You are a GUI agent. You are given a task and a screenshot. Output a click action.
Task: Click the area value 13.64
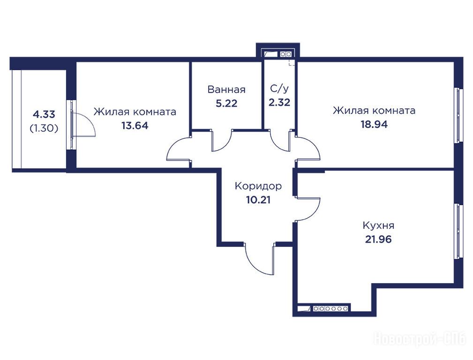point(135,126)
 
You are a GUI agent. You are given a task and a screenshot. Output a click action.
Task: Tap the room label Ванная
point(226,90)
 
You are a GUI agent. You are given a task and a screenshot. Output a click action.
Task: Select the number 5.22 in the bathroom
point(226,103)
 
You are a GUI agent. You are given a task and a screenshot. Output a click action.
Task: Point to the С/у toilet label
point(279,89)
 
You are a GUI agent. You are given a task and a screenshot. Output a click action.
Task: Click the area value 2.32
point(279,102)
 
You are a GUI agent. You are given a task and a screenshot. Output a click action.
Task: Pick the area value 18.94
point(374,124)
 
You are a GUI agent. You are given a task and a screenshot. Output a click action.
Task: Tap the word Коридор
point(258,186)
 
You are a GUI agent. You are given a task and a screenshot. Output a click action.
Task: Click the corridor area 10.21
point(258,200)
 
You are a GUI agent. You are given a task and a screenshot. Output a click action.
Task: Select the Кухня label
point(378,225)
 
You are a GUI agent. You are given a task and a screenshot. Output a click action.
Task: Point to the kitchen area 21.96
point(378,239)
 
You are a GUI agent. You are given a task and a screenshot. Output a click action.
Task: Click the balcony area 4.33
point(44,115)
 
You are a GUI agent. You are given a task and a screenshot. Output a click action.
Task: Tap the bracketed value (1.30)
point(44,128)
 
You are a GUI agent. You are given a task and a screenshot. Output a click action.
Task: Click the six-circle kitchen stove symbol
point(331,308)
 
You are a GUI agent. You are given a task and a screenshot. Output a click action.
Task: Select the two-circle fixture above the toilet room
point(285,54)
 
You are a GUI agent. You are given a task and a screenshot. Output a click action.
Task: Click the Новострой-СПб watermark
point(420,339)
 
